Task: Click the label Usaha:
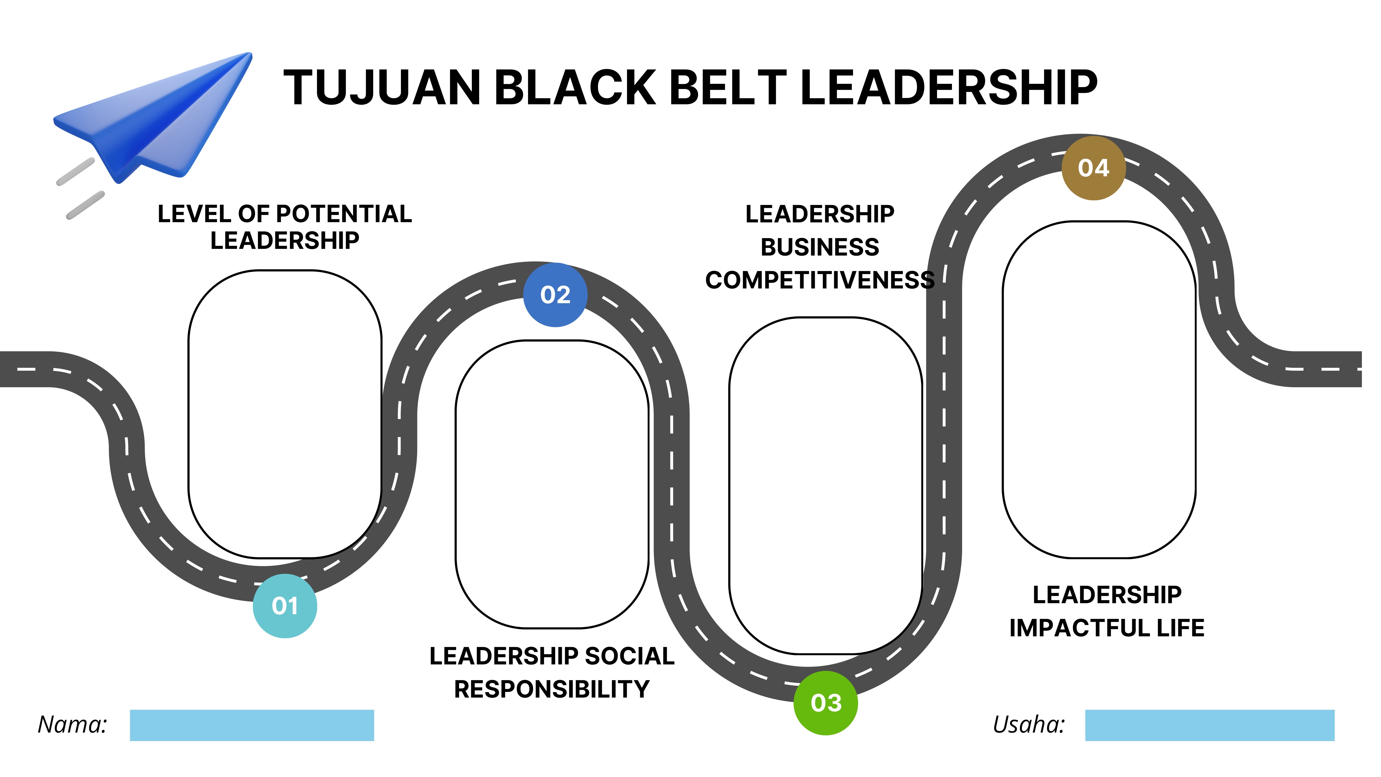tap(1028, 725)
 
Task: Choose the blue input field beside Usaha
tap(1210, 725)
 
